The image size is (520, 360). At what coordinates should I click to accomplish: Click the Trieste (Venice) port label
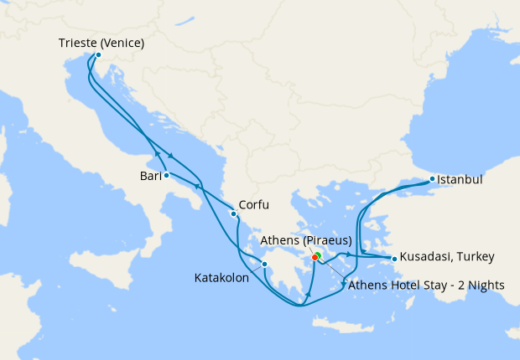click(101, 43)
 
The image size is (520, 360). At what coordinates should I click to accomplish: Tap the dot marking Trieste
click(98, 55)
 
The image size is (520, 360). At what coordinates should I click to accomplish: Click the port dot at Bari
click(167, 175)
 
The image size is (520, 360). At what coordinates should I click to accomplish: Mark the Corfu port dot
click(233, 213)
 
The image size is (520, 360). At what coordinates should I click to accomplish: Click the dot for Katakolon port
click(264, 265)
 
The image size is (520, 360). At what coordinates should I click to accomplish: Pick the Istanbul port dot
click(432, 179)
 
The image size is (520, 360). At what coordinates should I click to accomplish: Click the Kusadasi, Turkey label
click(447, 256)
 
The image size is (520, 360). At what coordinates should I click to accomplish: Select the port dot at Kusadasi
click(394, 259)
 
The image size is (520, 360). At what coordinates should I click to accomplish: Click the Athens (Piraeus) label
click(305, 241)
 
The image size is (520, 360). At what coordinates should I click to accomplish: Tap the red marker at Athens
click(315, 258)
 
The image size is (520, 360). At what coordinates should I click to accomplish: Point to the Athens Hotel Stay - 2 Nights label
click(426, 285)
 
